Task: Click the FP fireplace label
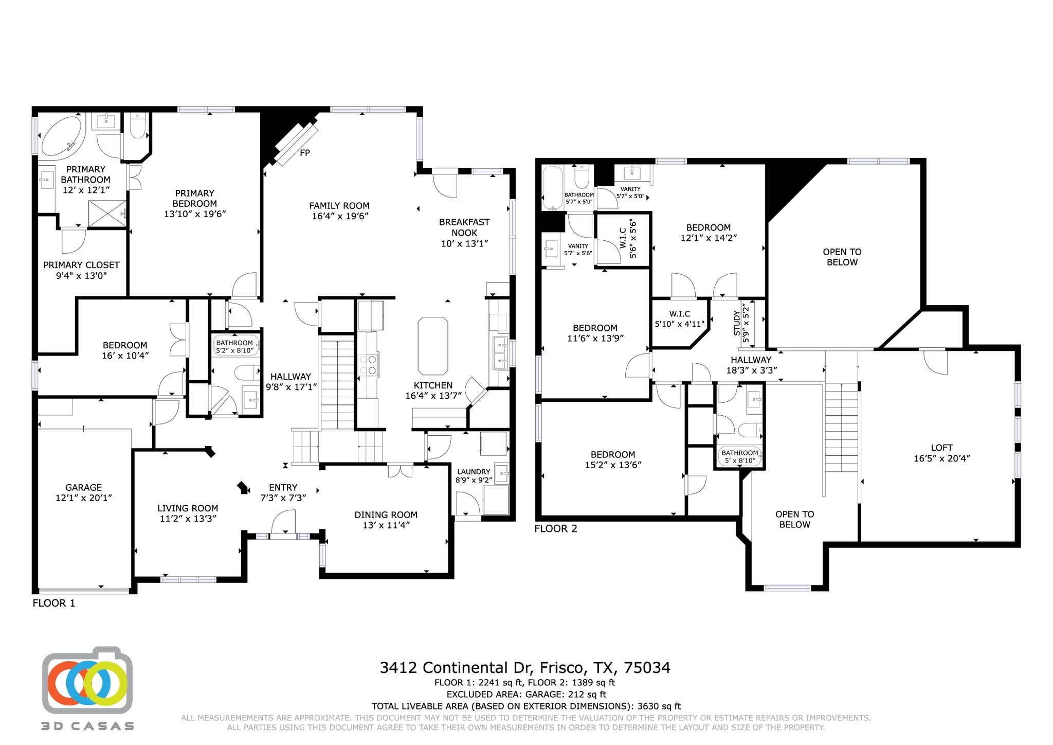[x=304, y=153]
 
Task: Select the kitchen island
[x=432, y=346]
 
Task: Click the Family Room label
[x=339, y=206]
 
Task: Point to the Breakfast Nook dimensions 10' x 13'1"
[x=464, y=243]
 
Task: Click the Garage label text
[x=83, y=487]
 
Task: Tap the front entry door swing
[x=283, y=522]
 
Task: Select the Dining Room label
[x=386, y=515]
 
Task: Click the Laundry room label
[x=473, y=472]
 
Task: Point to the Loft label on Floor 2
[x=941, y=448]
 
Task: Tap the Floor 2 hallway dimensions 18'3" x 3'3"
[x=751, y=370]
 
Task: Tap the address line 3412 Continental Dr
[x=524, y=668]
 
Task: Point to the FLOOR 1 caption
[x=54, y=603]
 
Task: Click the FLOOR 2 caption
[x=556, y=528]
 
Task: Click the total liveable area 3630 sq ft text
[x=526, y=706]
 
